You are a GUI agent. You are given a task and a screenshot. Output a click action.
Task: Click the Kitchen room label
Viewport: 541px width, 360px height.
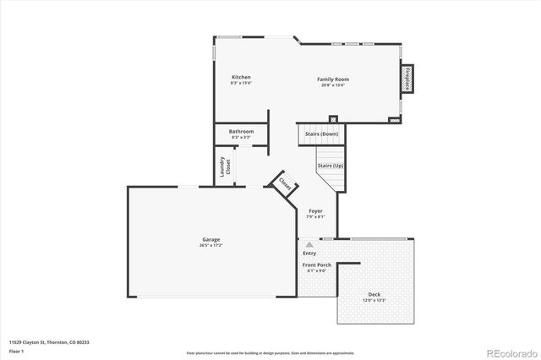tap(241, 78)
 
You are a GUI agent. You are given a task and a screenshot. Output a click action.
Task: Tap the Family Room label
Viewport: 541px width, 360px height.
tap(334, 79)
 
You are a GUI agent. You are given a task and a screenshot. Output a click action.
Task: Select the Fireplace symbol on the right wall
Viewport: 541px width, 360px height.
tap(406, 79)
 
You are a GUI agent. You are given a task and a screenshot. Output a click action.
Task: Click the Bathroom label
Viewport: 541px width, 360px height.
tap(241, 131)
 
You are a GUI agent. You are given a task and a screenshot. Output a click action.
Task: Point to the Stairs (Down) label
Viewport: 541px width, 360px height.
tap(321, 134)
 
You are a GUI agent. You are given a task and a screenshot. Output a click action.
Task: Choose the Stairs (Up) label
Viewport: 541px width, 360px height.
tap(330, 166)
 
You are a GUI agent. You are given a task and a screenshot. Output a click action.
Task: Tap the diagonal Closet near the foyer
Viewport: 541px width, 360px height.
tap(285, 183)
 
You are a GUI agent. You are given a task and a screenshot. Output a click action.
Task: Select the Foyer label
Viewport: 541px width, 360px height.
tap(314, 210)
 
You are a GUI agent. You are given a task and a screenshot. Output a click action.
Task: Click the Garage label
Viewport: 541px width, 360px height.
tap(210, 239)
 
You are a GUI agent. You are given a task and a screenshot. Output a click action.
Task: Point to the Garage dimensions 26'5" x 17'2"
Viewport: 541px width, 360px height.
tap(210, 245)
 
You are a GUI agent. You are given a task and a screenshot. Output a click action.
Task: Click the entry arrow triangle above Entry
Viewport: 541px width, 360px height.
tap(309, 243)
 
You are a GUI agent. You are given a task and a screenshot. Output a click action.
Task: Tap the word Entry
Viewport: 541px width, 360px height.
tap(309, 253)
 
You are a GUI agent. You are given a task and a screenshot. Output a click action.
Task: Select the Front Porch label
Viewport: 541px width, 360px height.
tap(316, 265)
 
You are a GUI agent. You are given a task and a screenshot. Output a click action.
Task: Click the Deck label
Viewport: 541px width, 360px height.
tap(374, 293)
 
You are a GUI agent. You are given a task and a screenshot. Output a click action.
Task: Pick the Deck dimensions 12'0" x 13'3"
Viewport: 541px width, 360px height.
tap(374, 300)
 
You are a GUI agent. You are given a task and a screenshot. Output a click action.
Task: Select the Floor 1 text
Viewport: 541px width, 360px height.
tap(16, 350)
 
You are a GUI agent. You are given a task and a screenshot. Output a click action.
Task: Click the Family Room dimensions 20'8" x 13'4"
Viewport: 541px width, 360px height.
tap(334, 85)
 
